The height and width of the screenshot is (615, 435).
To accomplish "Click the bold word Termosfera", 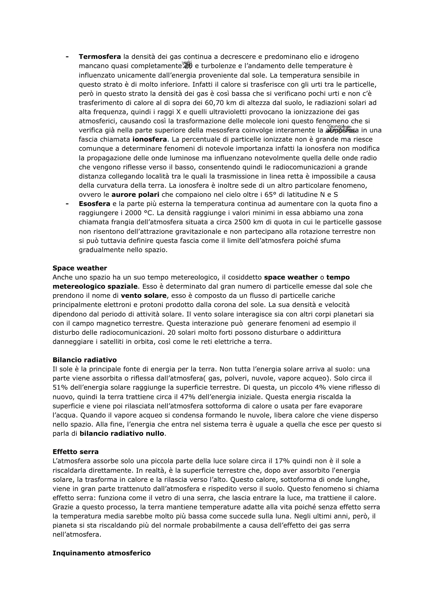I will pos(99,57).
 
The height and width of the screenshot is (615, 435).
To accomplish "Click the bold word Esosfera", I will pos(94,204).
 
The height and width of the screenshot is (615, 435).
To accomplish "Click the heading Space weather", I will pos(80,268).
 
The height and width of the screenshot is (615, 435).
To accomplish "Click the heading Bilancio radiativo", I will pos(84,360).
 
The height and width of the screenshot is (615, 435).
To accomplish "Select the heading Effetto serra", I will pos(76,452).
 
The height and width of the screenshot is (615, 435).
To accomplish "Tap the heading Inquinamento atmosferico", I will pos(102,553).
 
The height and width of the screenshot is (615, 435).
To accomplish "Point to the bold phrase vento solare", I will pos(144,296).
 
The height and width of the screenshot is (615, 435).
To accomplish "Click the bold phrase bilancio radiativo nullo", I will pos(122,434).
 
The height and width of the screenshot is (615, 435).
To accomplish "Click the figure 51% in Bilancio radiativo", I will pos(60,387).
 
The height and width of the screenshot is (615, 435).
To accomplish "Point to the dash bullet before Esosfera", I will pos(67,204).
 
